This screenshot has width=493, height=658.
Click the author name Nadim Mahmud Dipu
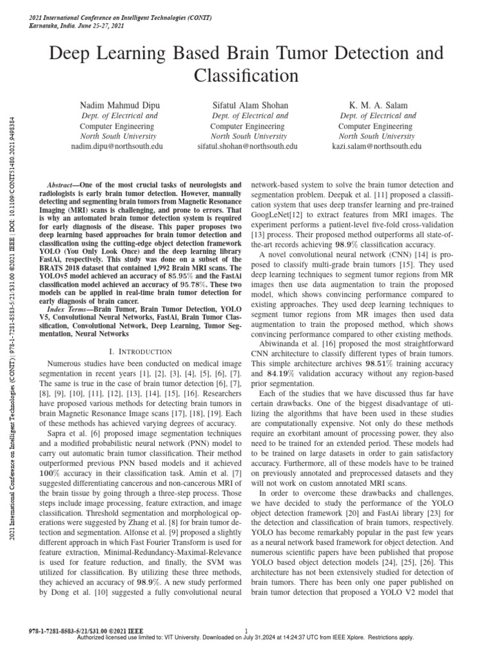pos(116,104)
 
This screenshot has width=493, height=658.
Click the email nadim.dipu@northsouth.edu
pos(116,147)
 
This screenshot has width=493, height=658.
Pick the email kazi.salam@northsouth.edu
pos(377,147)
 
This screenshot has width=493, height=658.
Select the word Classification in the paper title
pos(246,76)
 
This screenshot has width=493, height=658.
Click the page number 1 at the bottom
pos(246,631)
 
